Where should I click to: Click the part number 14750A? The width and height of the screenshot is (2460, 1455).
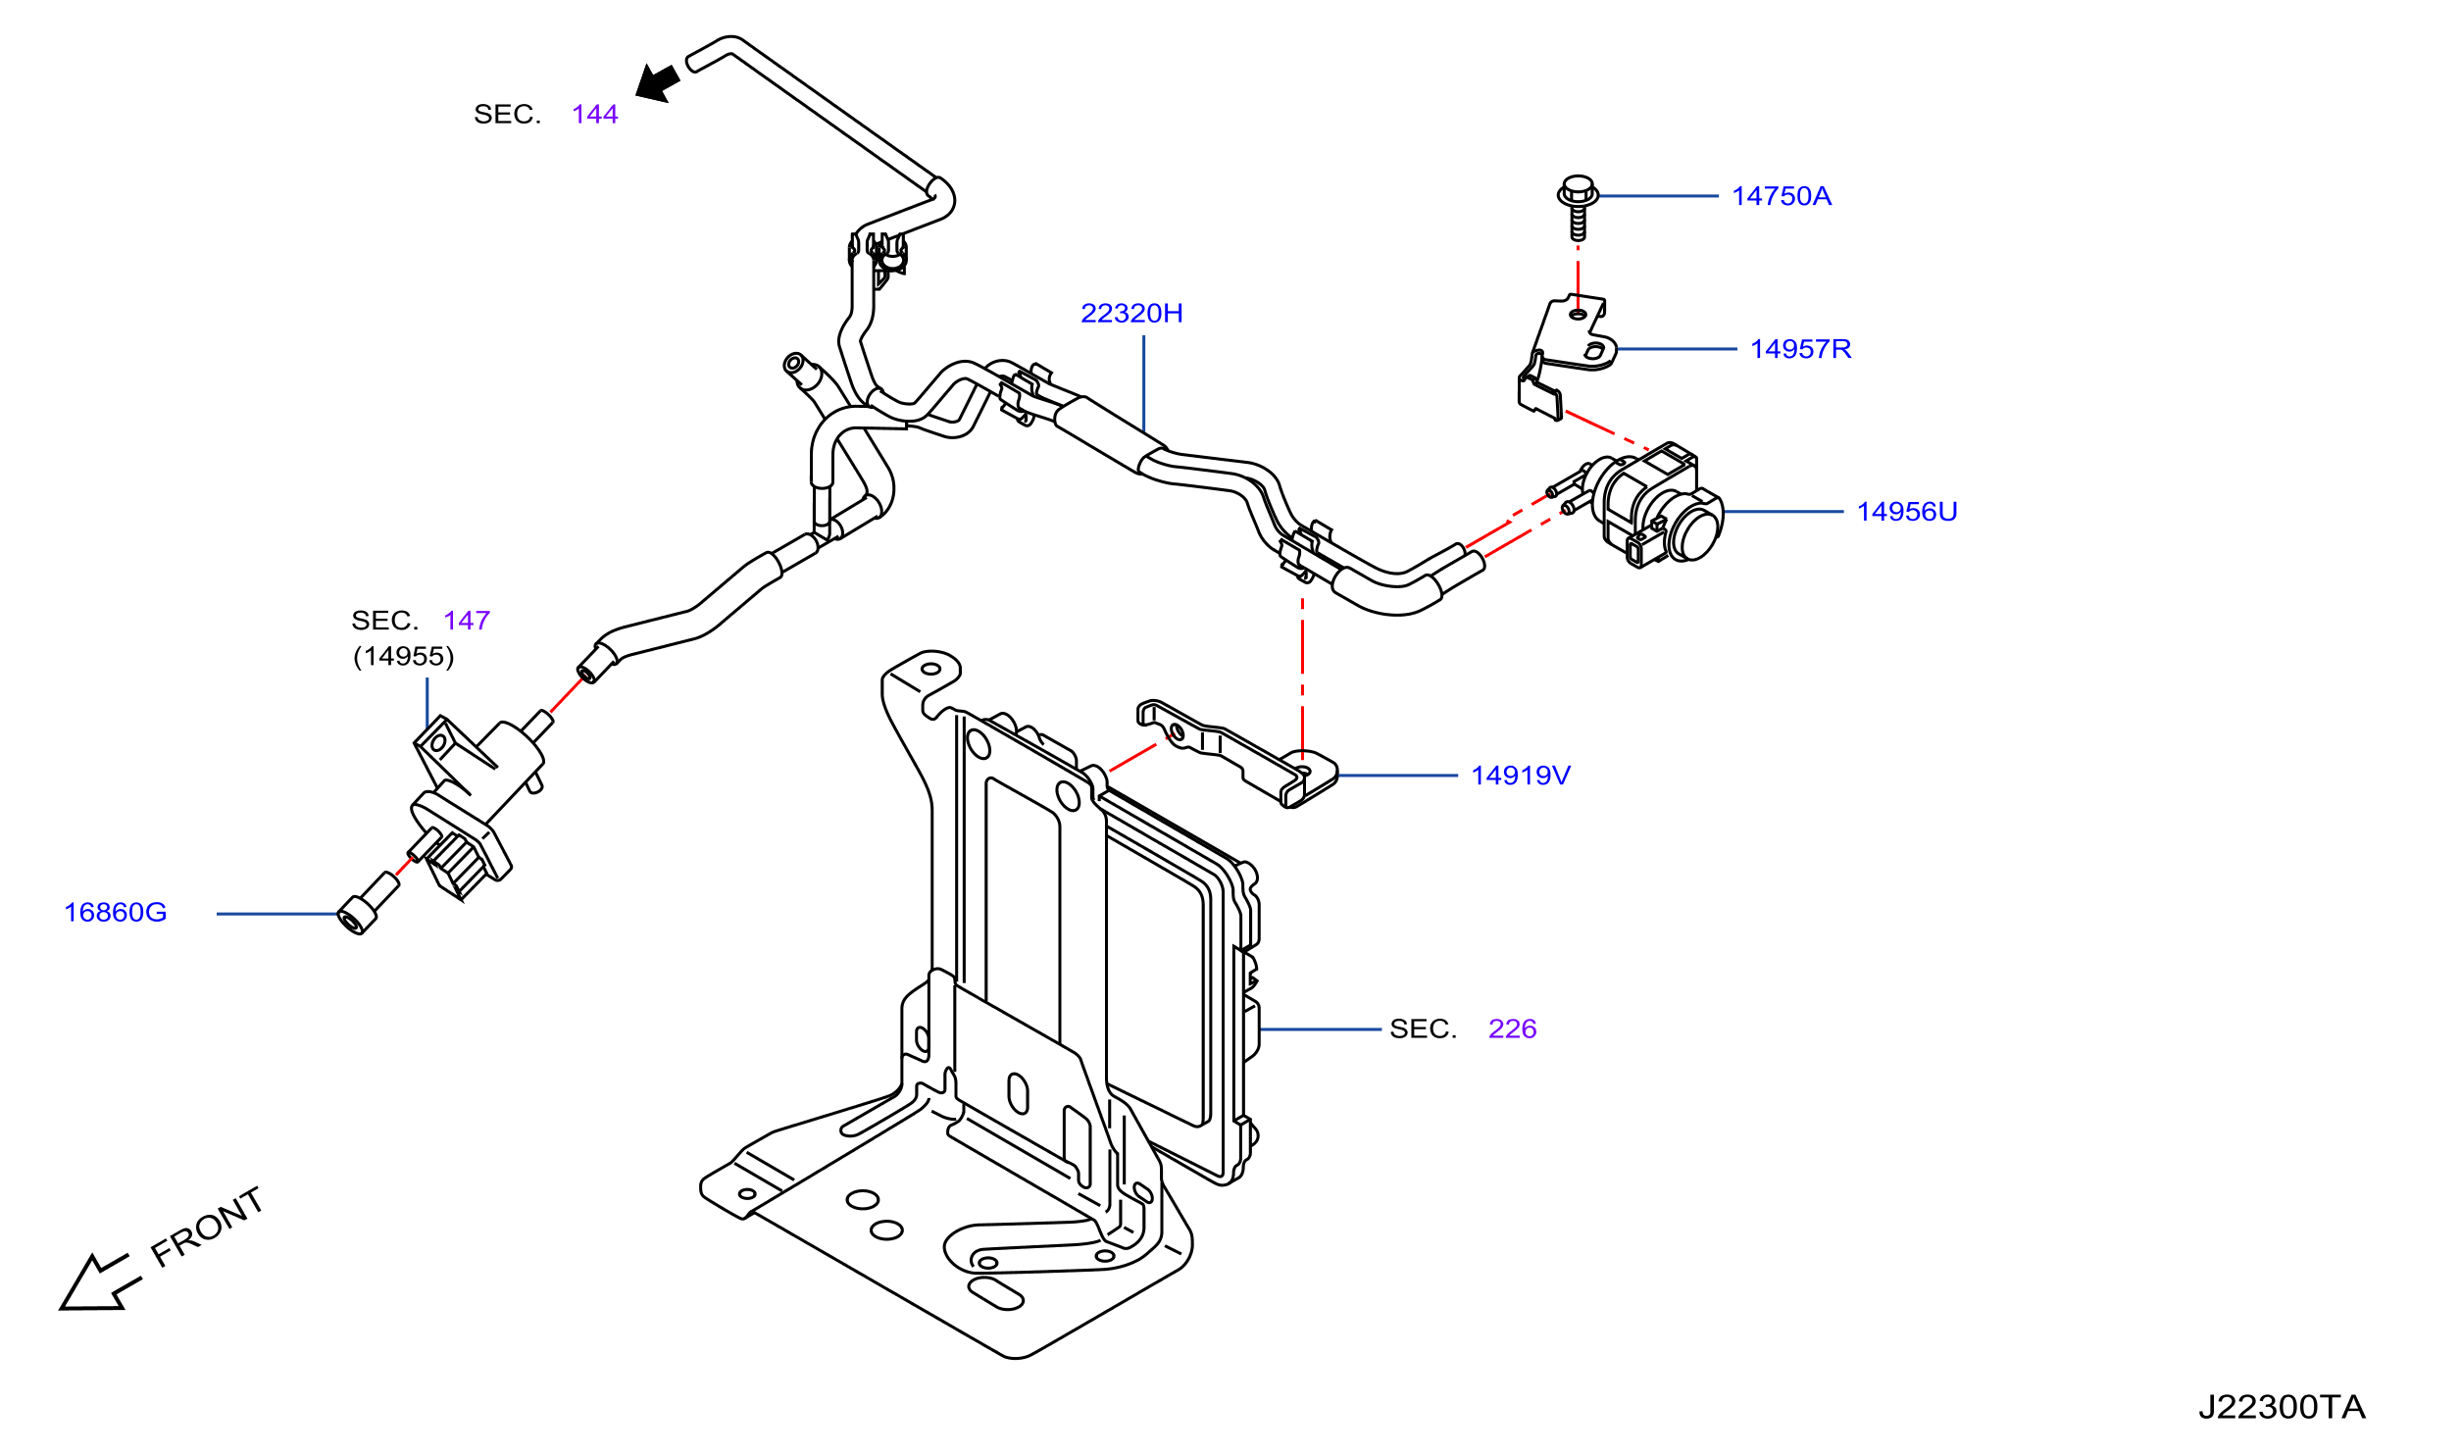click(1781, 196)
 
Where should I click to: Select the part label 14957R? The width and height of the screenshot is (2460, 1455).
click(1800, 349)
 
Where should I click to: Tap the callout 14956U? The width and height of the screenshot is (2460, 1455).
click(1906, 512)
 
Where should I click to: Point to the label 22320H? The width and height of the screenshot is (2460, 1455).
click(1131, 313)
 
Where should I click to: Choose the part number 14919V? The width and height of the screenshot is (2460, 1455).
click(1521, 776)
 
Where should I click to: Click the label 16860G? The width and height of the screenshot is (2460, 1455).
click(116, 912)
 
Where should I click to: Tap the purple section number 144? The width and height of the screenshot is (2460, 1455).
click(595, 114)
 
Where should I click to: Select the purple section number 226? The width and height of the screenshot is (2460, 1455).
click(1512, 1029)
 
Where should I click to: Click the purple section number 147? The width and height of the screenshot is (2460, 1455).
click(467, 620)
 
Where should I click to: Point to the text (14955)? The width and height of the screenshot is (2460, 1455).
click(404, 656)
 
